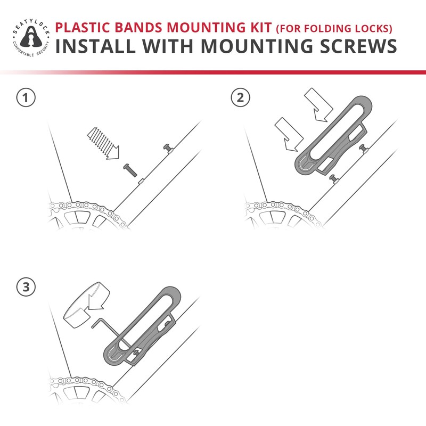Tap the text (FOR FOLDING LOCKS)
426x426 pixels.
click(333, 28)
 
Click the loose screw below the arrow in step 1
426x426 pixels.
click(130, 170)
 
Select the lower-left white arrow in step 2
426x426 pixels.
click(288, 133)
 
